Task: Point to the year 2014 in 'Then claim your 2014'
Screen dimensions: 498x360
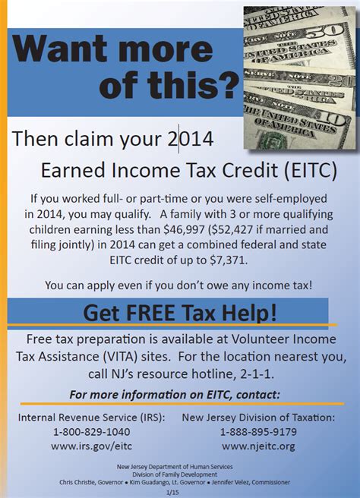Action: [x=188, y=138]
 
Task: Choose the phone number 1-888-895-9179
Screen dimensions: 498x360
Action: [x=258, y=431]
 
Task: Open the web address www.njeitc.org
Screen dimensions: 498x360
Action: [x=258, y=446]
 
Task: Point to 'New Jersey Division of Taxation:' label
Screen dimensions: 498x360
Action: [x=258, y=417]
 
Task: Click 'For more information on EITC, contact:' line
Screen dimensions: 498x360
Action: [x=175, y=394]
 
